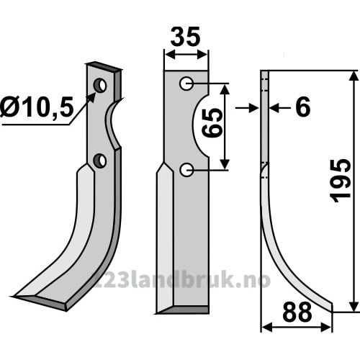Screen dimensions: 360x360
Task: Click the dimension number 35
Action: [185, 37]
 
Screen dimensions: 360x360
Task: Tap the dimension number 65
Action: [212, 122]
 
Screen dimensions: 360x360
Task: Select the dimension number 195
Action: [341, 181]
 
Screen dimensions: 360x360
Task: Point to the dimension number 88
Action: [297, 312]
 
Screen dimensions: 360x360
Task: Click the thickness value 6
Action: [303, 107]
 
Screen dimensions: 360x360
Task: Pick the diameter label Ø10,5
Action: [37, 108]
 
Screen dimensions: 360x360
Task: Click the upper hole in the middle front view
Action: [186, 84]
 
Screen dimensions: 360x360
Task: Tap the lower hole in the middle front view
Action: [186, 170]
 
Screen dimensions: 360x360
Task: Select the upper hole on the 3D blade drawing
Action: [100, 86]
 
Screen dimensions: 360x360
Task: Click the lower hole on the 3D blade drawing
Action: [99, 161]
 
